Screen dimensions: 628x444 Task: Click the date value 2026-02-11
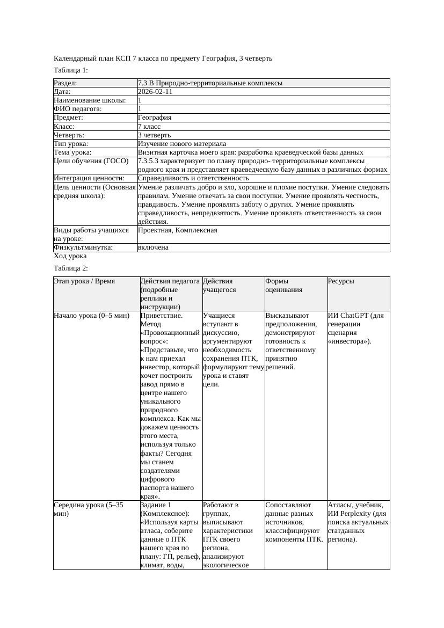155,92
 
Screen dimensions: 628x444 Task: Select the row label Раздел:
65,83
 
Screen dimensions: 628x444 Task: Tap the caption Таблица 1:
71,70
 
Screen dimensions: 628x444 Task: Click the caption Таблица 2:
71,268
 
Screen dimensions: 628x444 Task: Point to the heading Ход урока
70,257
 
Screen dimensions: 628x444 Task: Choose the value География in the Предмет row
155,118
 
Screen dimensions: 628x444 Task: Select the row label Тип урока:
71,144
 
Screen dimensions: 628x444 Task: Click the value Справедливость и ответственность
193,178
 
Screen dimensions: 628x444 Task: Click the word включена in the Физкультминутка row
153,247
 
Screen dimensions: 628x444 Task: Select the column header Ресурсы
341,281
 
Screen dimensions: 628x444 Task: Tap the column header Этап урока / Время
84,281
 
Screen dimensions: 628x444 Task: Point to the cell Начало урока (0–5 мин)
92,316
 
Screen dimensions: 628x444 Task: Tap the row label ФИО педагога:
78,109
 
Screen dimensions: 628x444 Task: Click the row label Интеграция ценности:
89,178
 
